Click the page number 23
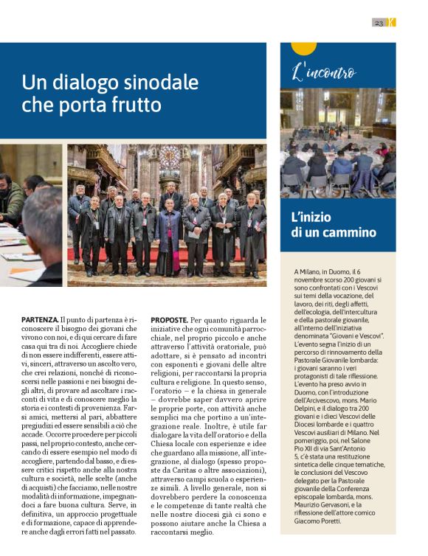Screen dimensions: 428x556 point(379,22)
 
